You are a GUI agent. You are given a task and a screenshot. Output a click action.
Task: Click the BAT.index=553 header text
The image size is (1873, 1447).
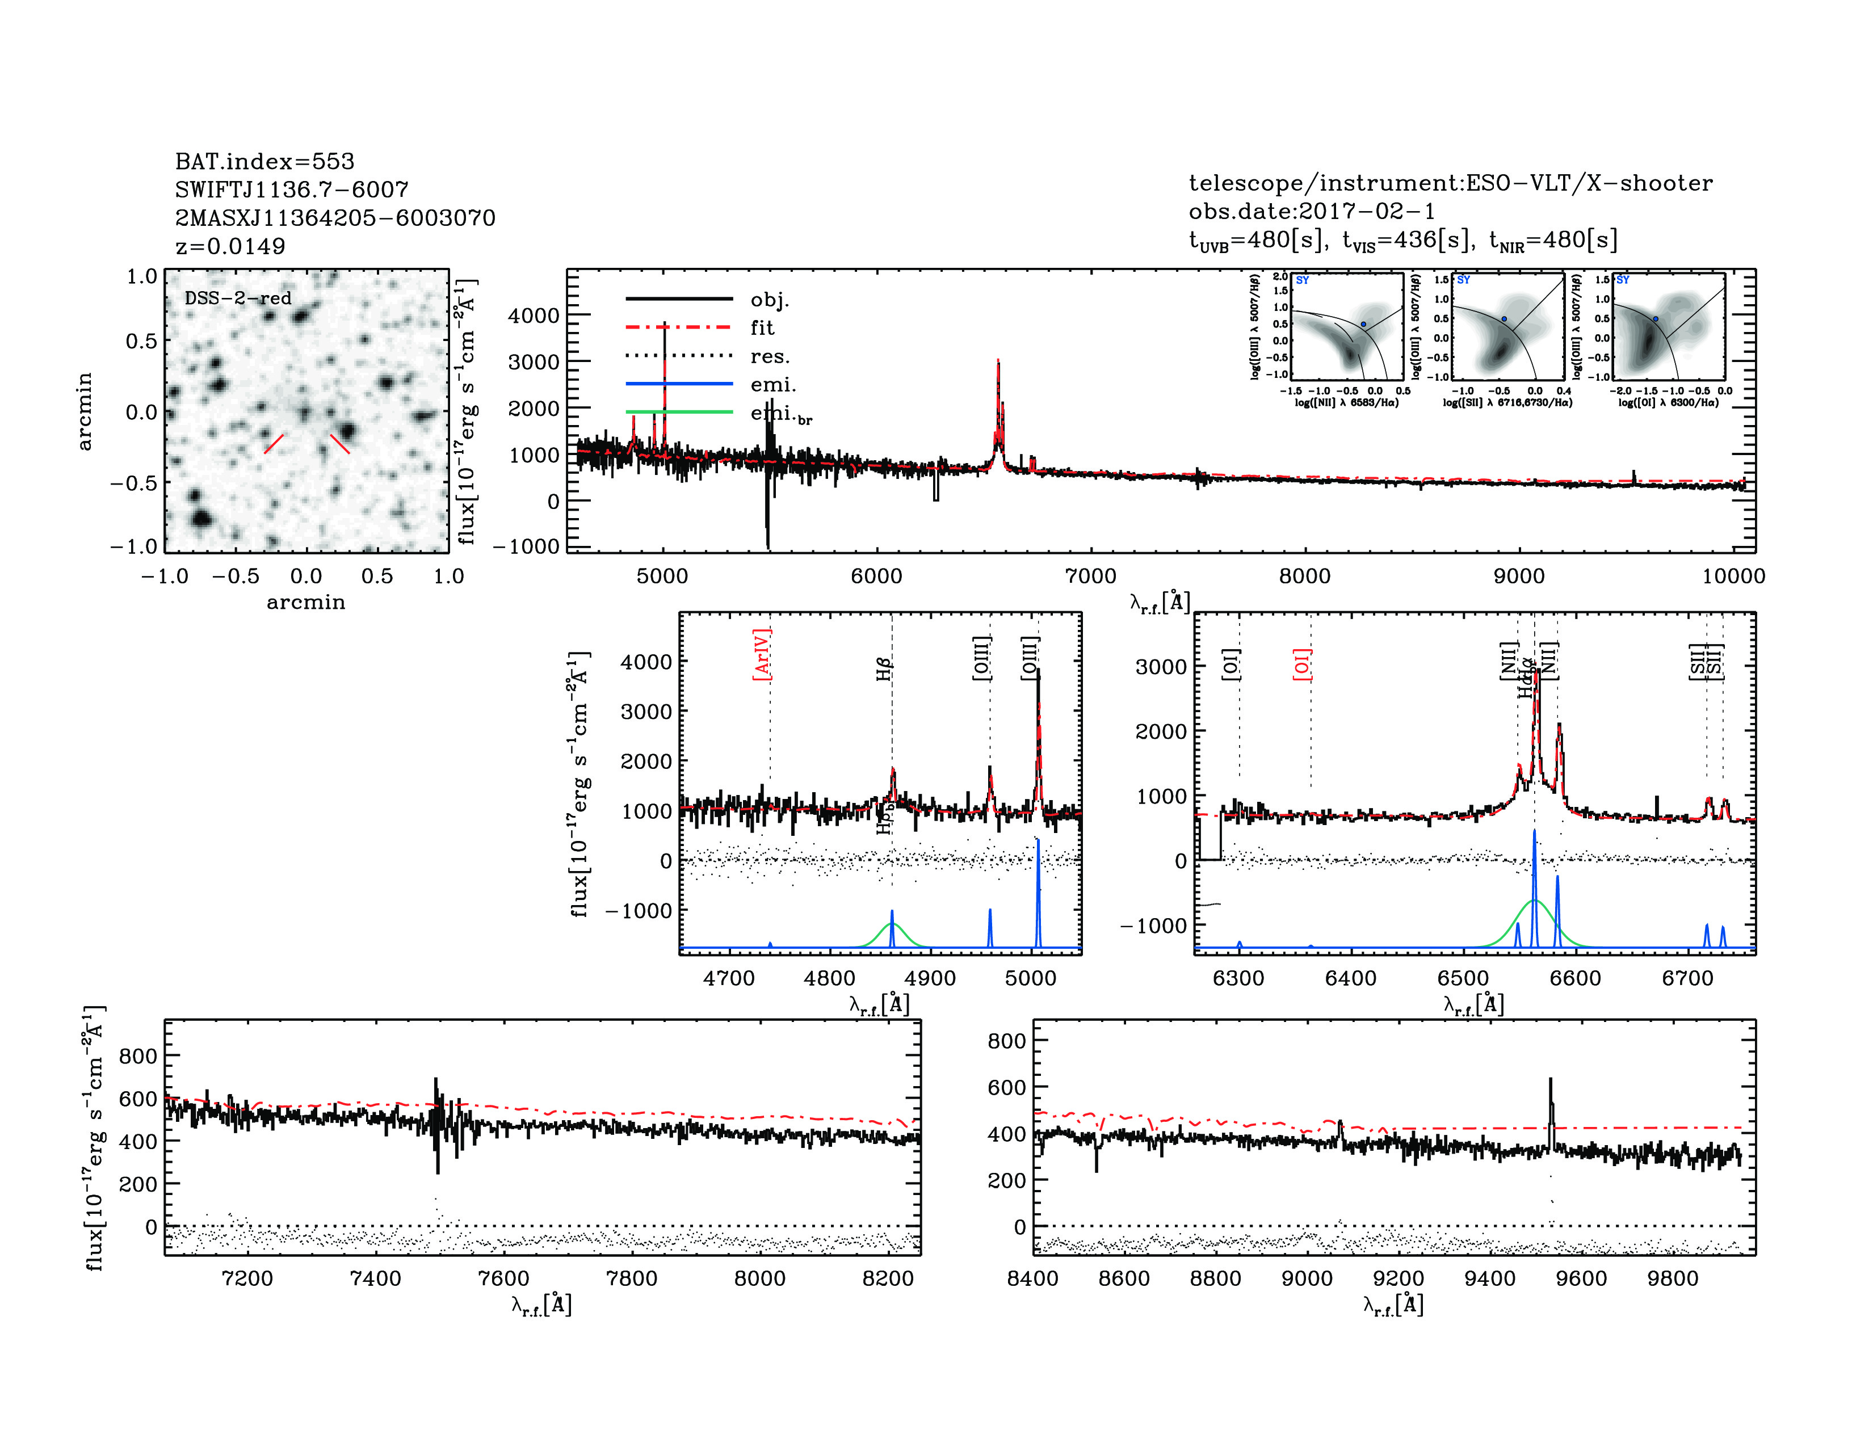(x=264, y=161)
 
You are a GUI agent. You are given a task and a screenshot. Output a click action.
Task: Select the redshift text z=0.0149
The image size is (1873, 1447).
(x=230, y=246)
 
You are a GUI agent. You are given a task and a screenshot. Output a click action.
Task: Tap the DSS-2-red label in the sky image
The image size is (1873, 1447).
(x=238, y=298)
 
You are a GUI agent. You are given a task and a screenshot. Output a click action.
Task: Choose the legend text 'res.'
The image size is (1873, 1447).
(x=769, y=356)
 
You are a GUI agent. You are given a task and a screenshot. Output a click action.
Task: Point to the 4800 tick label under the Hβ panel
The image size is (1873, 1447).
(x=829, y=978)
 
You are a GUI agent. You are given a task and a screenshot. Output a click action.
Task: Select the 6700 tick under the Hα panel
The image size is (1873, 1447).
(x=1687, y=978)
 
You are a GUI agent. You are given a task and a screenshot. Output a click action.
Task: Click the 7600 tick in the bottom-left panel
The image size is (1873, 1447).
(x=503, y=1278)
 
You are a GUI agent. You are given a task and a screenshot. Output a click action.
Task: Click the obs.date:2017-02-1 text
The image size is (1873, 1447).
(x=1311, y=211)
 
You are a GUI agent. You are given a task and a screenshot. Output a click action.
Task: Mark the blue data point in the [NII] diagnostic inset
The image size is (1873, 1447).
(x=1363, y=324)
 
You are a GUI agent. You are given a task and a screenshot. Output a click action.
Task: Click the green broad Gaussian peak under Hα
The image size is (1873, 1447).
(x=1534, y=902)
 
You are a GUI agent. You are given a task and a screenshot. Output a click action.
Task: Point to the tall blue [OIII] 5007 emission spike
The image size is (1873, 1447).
(x=1039, y=857)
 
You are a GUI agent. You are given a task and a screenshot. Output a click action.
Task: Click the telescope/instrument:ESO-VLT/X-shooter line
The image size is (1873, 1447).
(x=1450, y=183)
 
